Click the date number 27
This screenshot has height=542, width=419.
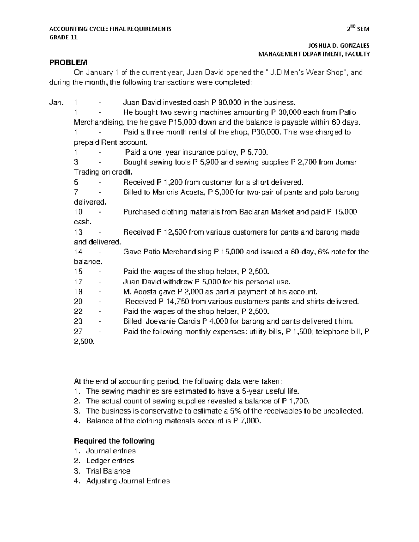pyautogui.click(x=79, y=332)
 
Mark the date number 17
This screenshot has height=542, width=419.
pyautogui.click(x=79, y=282)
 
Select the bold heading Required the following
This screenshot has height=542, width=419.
pyautogui.click(x=115, y=441)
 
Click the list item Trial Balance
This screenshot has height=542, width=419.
pyautogui.click(x=108, y=471)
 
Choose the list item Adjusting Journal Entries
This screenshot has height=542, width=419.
pyautogui.click(x=128, y=481)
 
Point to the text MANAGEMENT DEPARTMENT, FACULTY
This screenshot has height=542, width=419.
pyautogui.click(x=314, y=54)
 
